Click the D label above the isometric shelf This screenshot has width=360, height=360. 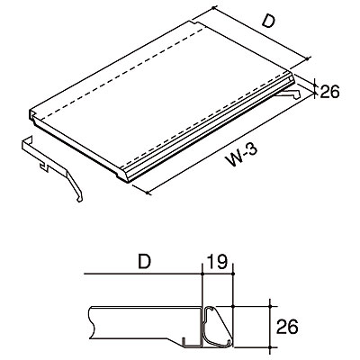[268, 22]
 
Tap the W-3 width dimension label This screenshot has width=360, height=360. [242, 156]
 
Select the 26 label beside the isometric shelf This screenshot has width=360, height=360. [329, 92]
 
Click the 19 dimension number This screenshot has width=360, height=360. [219, 263]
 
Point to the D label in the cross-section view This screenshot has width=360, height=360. [144, 262]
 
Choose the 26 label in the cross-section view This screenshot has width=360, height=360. [287, 327]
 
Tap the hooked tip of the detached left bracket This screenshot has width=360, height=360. [80, 199]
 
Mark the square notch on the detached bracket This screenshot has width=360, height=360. [44, 166]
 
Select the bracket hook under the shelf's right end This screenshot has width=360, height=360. [289, 94]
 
